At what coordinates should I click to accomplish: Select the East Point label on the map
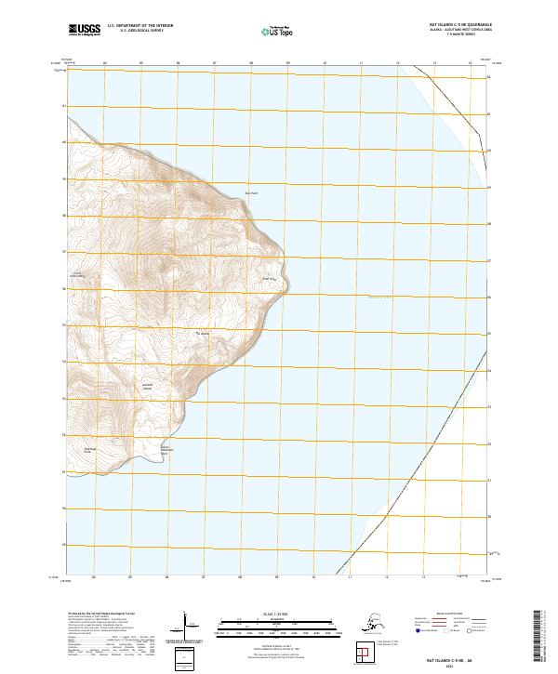[x=249, y=193]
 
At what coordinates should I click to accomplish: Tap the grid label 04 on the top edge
[x=105, y=64]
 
